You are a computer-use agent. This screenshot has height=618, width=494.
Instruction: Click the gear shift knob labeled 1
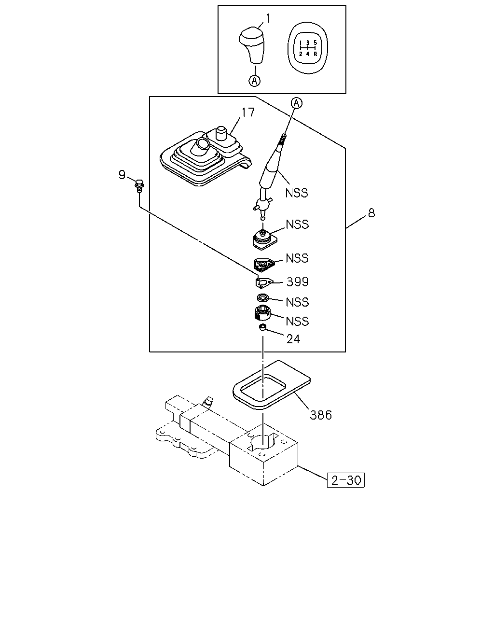coord(251,45)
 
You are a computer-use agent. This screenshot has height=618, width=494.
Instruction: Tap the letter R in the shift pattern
coord(315,54)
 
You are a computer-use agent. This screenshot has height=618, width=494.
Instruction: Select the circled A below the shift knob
coord(254,81)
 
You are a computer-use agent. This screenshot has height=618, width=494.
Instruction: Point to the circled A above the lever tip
coord(297,103)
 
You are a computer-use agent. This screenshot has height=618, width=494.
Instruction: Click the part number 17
coord(248,112)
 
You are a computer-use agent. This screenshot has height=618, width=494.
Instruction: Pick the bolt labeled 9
coord(139,185)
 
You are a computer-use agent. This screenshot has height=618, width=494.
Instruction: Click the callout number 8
coord(371,213)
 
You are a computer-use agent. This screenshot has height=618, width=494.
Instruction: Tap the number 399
coord(297,281)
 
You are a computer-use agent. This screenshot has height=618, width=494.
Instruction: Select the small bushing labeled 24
coord(262,327)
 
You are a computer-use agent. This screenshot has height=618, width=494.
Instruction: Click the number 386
coord(321,415)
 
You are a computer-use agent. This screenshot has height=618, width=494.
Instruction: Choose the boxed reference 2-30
coord(345,480)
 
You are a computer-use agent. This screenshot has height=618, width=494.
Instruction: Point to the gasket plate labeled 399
coord(264,282)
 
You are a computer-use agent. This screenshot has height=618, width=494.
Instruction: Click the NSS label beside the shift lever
coord(297,193)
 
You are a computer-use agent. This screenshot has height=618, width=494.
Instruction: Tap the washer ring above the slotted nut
coord(262,298)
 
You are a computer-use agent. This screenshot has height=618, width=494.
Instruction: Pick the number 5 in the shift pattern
coord(315,42)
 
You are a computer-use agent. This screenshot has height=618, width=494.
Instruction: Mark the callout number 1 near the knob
coord(268,18)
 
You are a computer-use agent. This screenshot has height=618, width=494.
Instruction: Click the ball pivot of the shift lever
coord(263,204)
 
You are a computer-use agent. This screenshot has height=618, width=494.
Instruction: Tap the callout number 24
coord(293,339)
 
